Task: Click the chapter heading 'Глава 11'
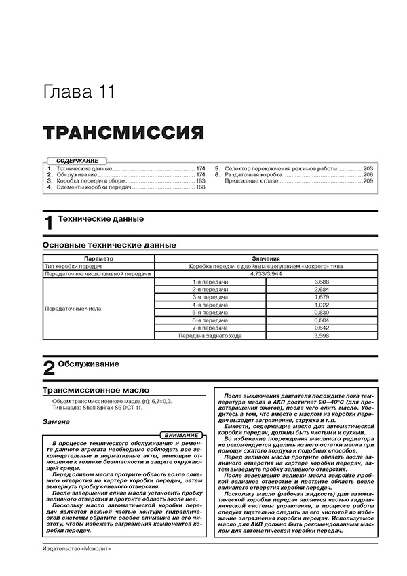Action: (x=79, y=91)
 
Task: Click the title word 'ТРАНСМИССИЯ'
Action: (x=114, y=132)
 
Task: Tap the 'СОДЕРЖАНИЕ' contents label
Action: (x=76, y=159)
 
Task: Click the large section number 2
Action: (x=48, y=368)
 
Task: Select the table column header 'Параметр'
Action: (x=98, y=258)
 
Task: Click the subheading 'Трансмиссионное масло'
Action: (x=88, y=391)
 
